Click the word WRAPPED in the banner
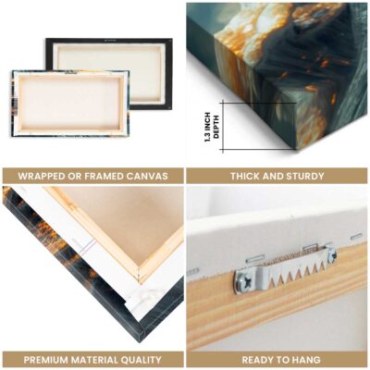point(39,176)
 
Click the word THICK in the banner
point(245,176)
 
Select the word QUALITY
point(141,360)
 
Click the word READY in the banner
point(258,360)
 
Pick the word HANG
point(306,360)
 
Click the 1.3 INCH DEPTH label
point(212,127)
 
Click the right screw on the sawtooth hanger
point(332,253)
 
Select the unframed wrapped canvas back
point(70,104)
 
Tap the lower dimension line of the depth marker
point(258,150)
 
